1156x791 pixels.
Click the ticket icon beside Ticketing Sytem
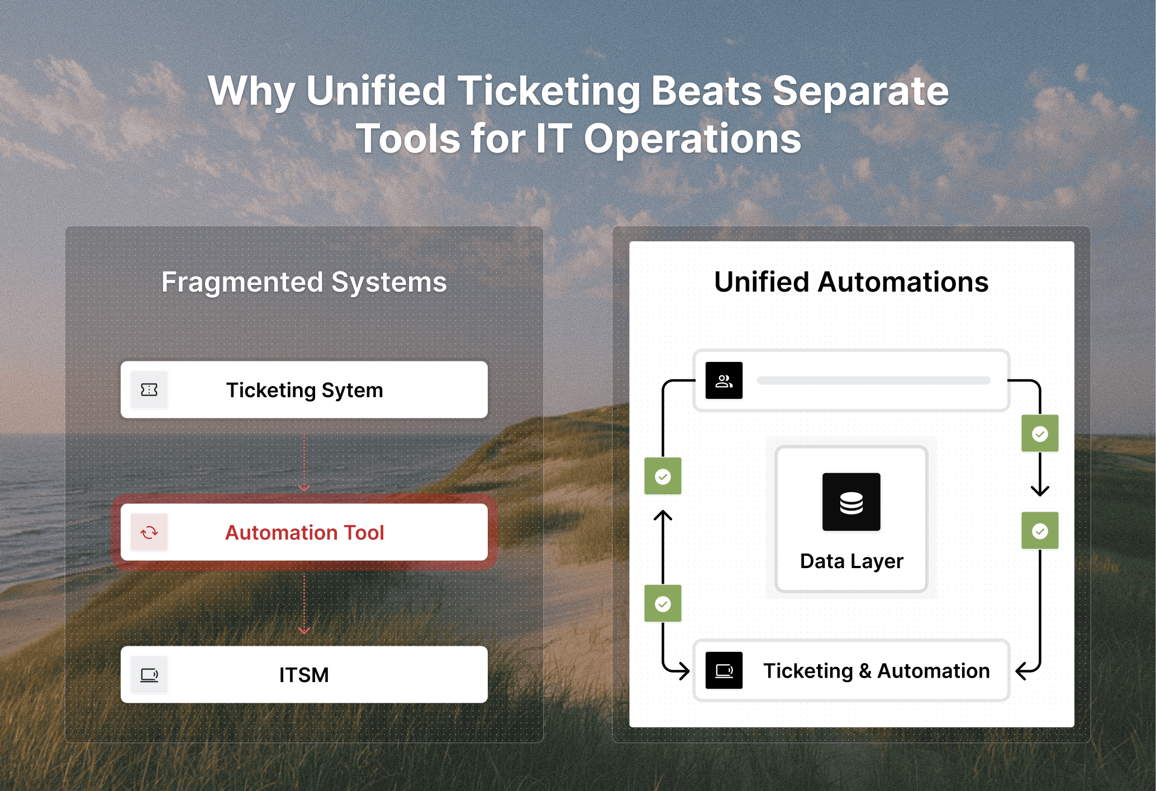pos(149,390)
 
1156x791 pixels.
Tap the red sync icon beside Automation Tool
pos(149,532)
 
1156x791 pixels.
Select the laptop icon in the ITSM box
pos(149,675)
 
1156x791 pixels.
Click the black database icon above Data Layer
pos(851,502)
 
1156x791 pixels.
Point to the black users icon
pos(724,380)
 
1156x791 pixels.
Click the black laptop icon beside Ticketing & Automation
pos(724,670)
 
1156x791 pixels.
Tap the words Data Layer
pos(851,561)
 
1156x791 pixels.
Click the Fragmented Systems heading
pos(304,282)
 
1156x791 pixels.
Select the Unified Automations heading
pos(851,282)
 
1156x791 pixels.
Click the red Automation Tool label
pos(305,532)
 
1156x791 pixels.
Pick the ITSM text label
pos(304,675)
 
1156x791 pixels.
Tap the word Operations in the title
pos(692,139)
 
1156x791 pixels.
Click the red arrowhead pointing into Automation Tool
pos(304,488)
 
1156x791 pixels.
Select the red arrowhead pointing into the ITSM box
pos(304,631)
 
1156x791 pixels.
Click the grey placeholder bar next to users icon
pos(873,380)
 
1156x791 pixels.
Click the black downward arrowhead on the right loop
pos(1040,492)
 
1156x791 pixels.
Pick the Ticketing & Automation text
pos(876,670)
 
